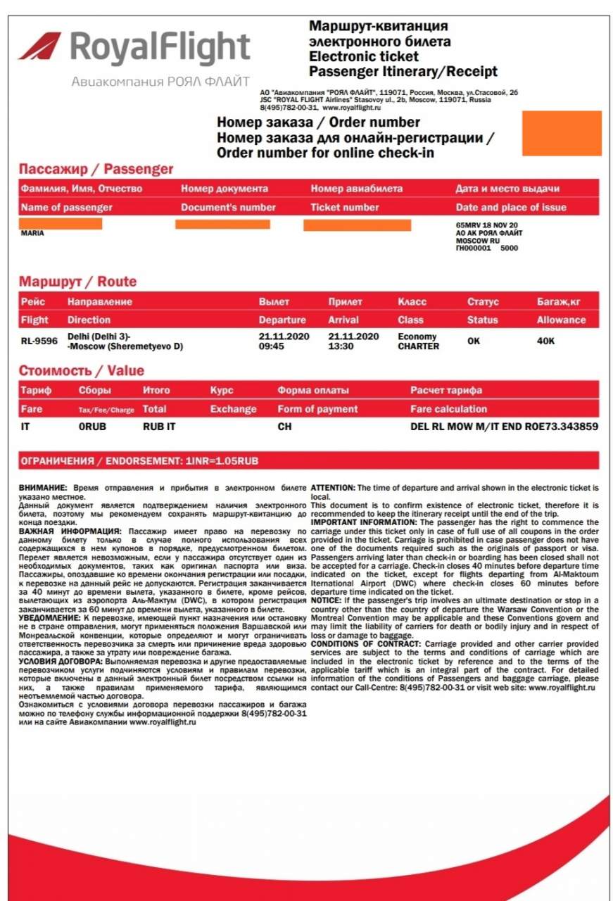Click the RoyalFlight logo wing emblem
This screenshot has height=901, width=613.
[x=40, y=46]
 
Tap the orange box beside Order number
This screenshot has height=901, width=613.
[x=562, y=133]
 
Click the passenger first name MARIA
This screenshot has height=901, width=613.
[x=32, y=233]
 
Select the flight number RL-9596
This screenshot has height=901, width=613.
[x=39, y=341]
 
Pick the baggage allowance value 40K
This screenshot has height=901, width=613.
[x=546, y=341]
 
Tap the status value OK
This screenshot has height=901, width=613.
[x=474, y=341]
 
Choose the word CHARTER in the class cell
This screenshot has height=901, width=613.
[x=418, y=346]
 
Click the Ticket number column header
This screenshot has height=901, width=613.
[x=345, y=208]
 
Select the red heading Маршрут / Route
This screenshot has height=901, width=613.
[x=77, y=282]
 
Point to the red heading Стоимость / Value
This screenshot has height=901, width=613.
[x=81, y=371]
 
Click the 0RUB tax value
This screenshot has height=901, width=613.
[x=92, y=427]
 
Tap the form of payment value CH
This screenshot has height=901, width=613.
[x=284, y=427]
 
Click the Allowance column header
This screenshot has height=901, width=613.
[x=561, y=320]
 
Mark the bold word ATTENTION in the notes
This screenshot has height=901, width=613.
[x=333, y=487]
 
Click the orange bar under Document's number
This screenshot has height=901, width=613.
[x=222, y=225]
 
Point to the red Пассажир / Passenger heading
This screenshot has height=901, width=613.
[x=96, y=169]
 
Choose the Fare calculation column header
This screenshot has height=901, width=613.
[x=448, y=409]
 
